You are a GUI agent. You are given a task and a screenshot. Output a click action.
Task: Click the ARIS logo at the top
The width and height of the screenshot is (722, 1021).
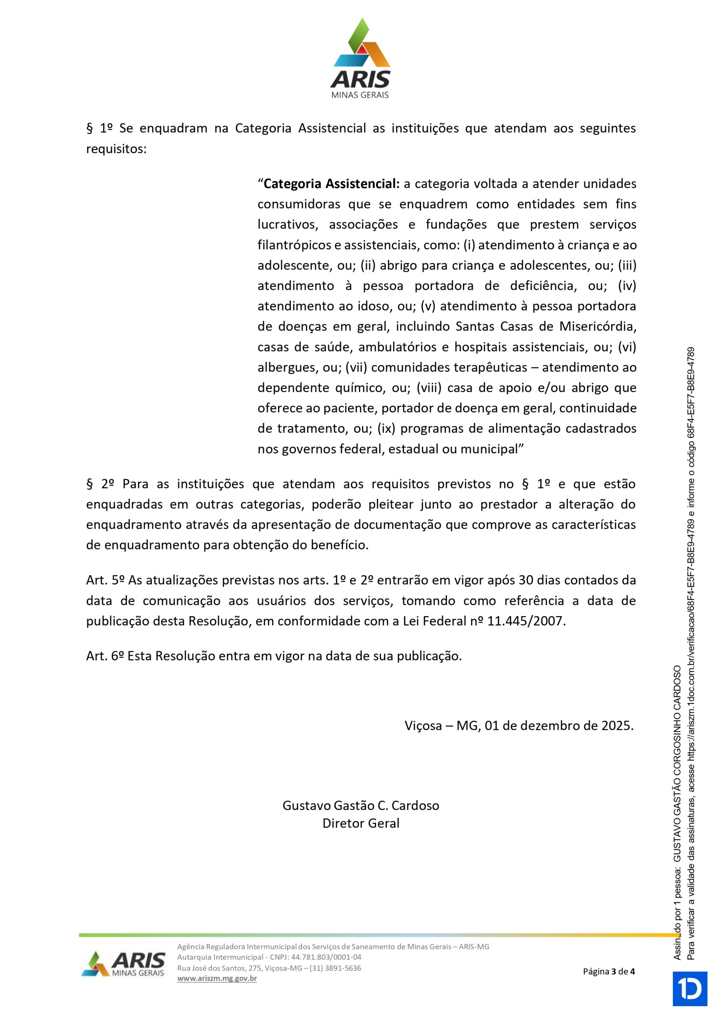click(x=360, y=58)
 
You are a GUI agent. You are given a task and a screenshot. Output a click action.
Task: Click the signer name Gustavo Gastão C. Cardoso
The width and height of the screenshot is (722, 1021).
click(x=360, y=805)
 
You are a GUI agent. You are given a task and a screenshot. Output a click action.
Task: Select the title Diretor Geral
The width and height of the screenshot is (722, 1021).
click(x=360, y=823)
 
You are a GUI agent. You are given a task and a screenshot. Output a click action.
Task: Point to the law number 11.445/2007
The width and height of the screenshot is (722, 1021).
click(x=526, y=621)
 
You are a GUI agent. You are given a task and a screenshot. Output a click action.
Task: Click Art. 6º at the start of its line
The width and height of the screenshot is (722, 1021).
click(x=105, y=656)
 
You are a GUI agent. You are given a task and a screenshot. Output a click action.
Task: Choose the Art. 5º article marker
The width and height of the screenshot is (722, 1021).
click(x=105, y=580)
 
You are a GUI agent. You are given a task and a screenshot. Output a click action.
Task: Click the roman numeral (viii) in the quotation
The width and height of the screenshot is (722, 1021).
click(x=429, y=388)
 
